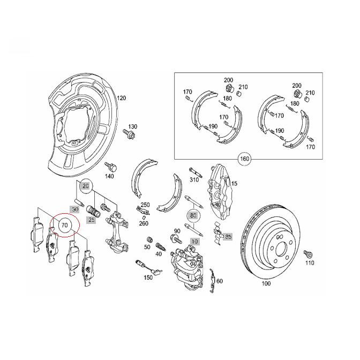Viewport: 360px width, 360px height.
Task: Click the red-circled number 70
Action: pyautogui.click(x=64, y=225)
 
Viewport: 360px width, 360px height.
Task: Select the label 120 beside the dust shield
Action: pyautogui.click(x=121, y=99)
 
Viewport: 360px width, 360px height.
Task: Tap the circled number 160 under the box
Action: pyautogui.click(x=244, y=159)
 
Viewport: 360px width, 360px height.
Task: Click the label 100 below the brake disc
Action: pyautogui.click(x=266, y=283)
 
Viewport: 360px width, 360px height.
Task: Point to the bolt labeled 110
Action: pyautogui.click(x=307, y=253)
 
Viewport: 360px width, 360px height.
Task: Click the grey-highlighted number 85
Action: pyautogui.click(x=228, y=236)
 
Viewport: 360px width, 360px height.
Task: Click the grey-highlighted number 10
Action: pyautogui.click(x=194, y=242)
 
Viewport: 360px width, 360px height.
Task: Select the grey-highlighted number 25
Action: pyautogui.click(x=92, y=220)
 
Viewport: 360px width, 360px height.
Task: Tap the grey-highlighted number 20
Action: pyautogui.click(x=85, y=186)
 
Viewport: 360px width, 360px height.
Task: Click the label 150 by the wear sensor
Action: pyautogui.click(x=148, y=277)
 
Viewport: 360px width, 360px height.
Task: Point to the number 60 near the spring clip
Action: pyautogui.click(x=220, y=281)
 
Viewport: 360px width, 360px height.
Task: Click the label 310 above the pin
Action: pyautogui.click(x=194, y=179)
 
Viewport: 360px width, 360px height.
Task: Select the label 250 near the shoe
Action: pyautogui.click(x=145, y=205)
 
